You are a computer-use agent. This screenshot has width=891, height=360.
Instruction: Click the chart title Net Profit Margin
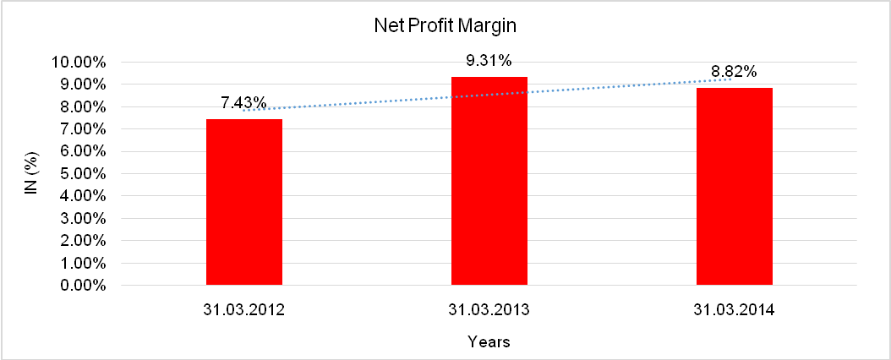445,26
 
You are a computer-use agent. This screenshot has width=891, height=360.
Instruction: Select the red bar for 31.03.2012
244,202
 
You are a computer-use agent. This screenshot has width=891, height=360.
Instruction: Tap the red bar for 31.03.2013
489,181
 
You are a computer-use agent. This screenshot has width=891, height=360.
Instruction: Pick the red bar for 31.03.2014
734,187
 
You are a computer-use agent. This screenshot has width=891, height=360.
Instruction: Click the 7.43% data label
243,103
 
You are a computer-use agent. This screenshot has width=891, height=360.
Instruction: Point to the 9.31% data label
489,61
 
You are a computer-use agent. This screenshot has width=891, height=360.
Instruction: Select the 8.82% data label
733,71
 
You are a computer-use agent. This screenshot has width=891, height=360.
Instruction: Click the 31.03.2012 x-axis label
243,310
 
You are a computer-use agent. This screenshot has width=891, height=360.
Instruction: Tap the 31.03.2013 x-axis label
489,310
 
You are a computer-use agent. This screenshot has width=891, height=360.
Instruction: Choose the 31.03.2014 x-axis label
733,310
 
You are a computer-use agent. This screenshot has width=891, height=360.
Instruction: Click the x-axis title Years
489,342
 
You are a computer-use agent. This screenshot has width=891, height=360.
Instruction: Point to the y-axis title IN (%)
30,174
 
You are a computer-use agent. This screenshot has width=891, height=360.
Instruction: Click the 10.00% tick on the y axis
78,63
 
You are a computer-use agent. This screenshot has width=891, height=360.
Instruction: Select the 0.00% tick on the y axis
81,286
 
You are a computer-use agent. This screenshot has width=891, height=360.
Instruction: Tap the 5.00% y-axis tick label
81,174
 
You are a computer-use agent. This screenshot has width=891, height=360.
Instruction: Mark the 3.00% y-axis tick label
81,219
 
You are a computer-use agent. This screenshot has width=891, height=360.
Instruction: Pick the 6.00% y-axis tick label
81,152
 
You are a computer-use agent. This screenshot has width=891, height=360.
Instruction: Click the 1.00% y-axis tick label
81,264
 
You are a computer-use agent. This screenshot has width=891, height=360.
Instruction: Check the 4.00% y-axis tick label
81,197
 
